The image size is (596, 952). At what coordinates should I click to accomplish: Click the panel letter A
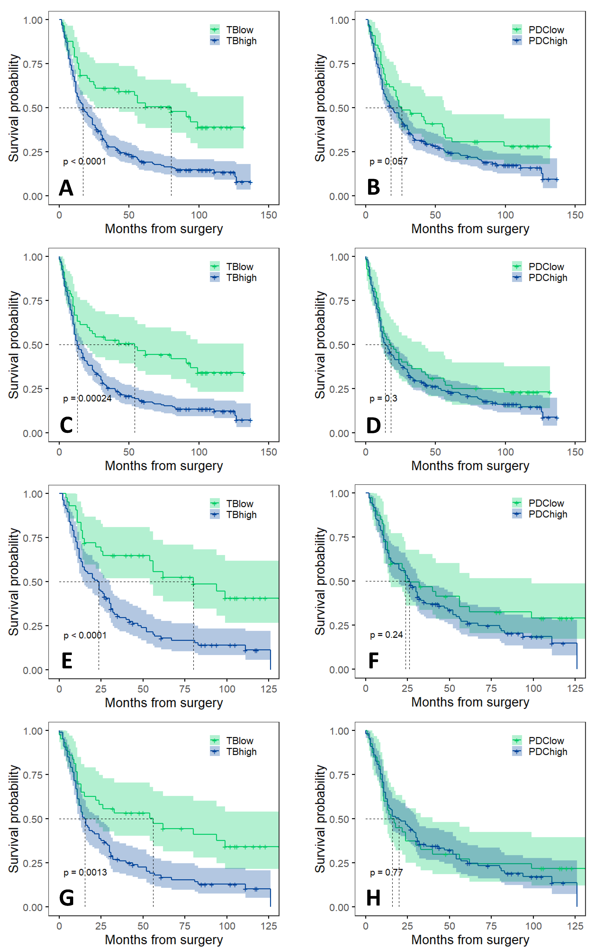pos(66,188)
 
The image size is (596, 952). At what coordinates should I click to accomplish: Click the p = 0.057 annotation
pos(388,161)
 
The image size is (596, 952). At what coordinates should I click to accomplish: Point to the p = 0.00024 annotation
pos(87,399)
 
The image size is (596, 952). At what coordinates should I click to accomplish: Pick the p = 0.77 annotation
pos(386,872)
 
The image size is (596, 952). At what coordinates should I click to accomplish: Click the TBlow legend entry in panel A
pos(239,30)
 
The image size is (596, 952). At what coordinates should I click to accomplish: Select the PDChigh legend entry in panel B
pos(548,41)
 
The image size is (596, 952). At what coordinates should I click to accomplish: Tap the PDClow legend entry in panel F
pos(546,503)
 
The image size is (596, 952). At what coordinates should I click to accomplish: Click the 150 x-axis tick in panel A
pos(269,215)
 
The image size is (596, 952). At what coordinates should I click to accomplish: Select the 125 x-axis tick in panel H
pos(575,926)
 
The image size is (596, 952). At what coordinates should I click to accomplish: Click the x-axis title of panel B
pos(470,229)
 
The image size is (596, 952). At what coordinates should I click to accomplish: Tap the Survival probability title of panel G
pos(14,819)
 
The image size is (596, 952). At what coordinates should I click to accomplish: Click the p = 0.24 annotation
pos(386,635)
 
